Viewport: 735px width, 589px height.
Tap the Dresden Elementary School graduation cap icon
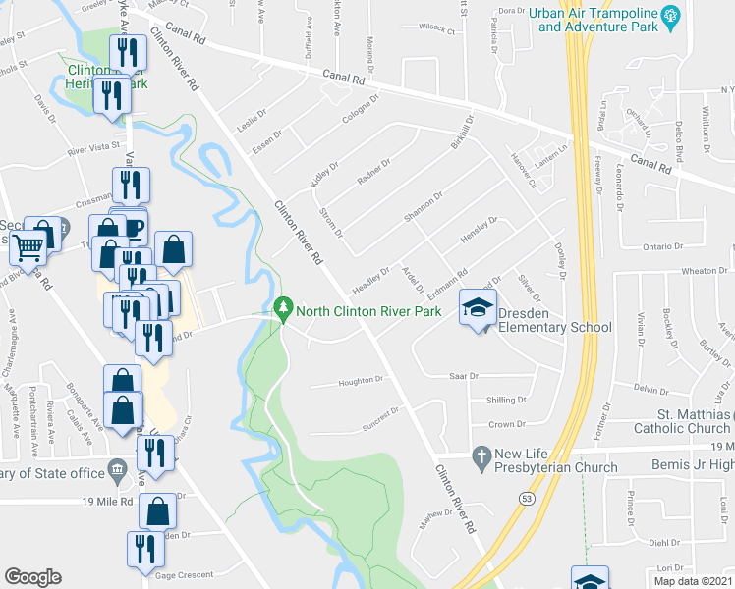click(478, 309)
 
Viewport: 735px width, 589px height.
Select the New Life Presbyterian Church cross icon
click(481, 456)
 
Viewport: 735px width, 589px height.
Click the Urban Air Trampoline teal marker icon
click(671, 15)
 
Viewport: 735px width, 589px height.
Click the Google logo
click(32, 577)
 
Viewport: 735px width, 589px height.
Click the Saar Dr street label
click(463, 375)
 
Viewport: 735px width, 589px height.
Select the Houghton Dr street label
click(360, 380)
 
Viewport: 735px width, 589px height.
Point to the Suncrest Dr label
click(381, 414)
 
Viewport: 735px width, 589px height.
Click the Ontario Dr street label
click(662, 246)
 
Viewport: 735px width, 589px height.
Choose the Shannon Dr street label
click(423, 208)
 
